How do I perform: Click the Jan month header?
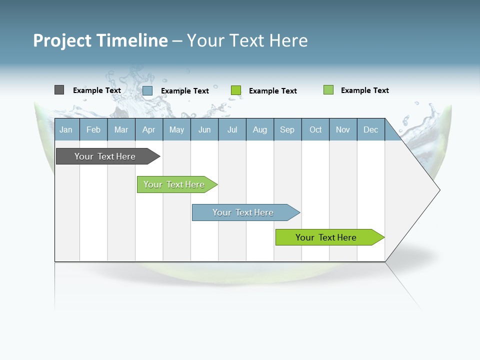point(66,129)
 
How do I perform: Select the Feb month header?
point(93,129)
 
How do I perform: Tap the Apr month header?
point(148,129)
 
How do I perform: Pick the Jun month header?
point(204,129)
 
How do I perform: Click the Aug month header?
point(260,129)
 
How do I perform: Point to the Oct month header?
point(315,129)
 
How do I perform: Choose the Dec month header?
point(370,129)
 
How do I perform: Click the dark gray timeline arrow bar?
point(105,156)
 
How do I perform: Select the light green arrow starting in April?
point(174,184)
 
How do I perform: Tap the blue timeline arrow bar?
point(243,212)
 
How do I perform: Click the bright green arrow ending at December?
point(326,237)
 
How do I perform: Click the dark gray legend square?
point(59,90)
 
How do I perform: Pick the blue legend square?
point(147,90)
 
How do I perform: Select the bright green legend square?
point(236,90)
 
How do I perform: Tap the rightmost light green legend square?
point(328,90)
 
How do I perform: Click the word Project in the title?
point(62,40)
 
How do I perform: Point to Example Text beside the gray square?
point(97,90)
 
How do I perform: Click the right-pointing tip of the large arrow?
point(438,189)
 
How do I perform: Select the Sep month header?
point(287,129)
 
